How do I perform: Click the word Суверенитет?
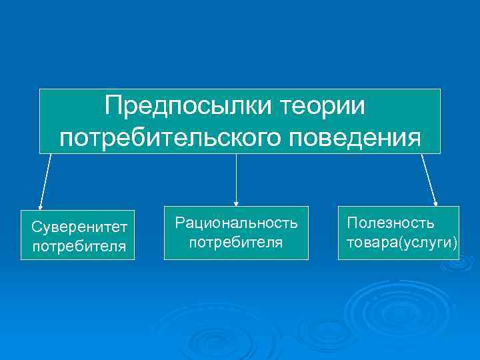[79, 229]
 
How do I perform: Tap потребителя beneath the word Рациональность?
[236, 241]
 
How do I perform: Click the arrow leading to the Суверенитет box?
[45, 181]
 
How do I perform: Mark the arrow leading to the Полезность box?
[429, 180]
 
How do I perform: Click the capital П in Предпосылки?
[113, 105]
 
